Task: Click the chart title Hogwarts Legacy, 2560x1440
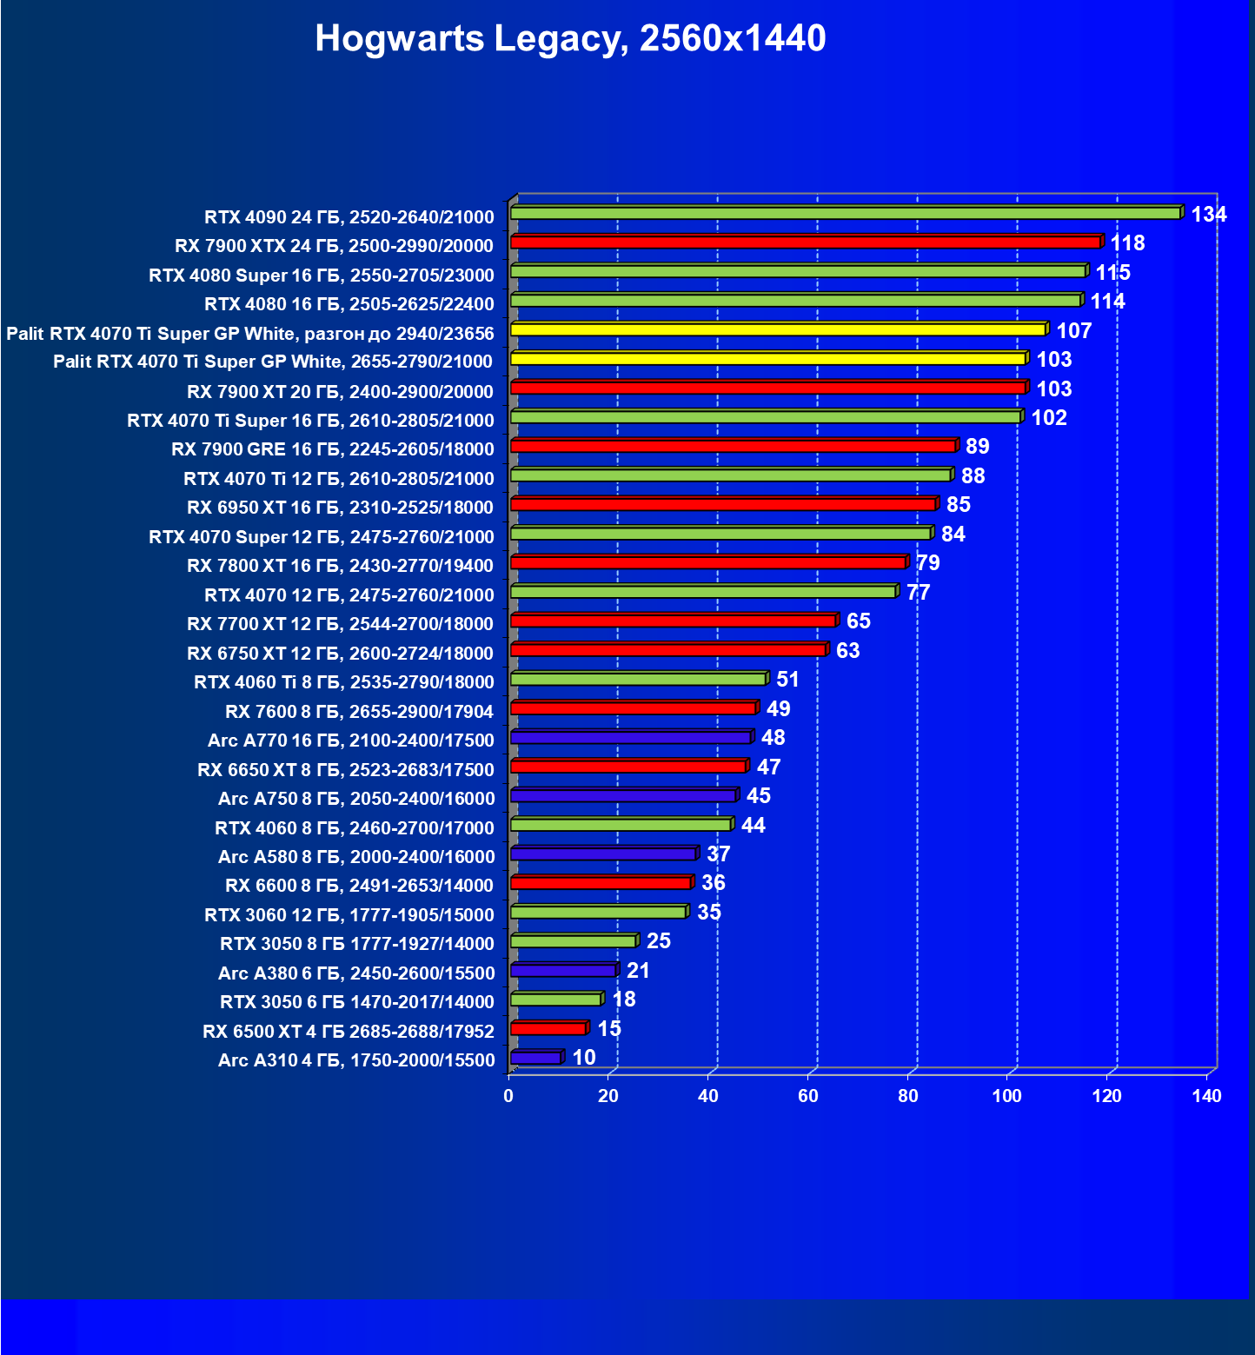(x=570, y=38)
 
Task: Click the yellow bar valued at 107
(x=778, y=330)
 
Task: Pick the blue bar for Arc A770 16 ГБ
(x=631, y=738)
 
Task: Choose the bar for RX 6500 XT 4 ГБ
(x=548, y=1029)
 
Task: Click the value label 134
(x=1208, y=215)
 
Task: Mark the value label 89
(x=977, y=447)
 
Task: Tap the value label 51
(x=787, y=680)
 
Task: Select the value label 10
(x=584, y=1058)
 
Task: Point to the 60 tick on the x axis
(x=808, y=1096)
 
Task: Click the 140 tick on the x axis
(x=1206, y=1096)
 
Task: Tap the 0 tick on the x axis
(x=508, y=1096)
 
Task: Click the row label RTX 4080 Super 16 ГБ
(x=321, y=276)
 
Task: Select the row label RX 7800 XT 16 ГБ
(x=340, y=566)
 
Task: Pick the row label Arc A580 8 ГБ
(x=356, y=857)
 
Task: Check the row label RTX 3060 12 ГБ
(x=349, y=915)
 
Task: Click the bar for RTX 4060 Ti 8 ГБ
(x=639, y=680)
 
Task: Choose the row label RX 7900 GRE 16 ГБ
(x=332, y=449)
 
